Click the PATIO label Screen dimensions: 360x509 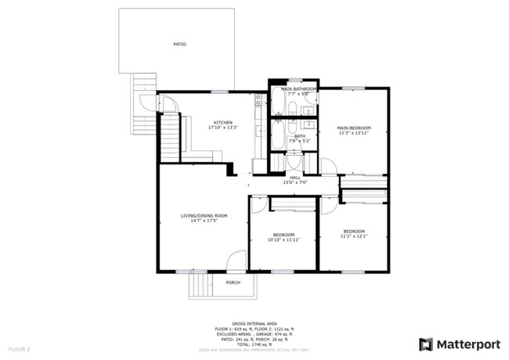[180, 44]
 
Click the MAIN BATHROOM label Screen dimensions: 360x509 [298, 89]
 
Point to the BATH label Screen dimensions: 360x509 [300, 136]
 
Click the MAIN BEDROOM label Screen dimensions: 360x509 [353, 128]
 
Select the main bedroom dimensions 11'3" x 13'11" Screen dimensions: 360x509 [353, 133]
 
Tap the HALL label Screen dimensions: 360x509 [295, 178]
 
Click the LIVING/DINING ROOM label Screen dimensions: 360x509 [204, 216]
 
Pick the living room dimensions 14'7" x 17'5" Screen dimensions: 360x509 [204, 221]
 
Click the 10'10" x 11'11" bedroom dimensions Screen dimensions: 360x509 [283, 240]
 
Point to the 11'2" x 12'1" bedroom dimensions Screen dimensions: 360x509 [354, 236]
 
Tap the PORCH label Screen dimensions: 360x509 [233, 283]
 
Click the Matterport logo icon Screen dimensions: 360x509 [426, 344]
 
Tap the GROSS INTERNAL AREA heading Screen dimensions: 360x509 [254, 322]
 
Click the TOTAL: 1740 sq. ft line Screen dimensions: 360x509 [254, 344]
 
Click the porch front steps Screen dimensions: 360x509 [200, 286]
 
